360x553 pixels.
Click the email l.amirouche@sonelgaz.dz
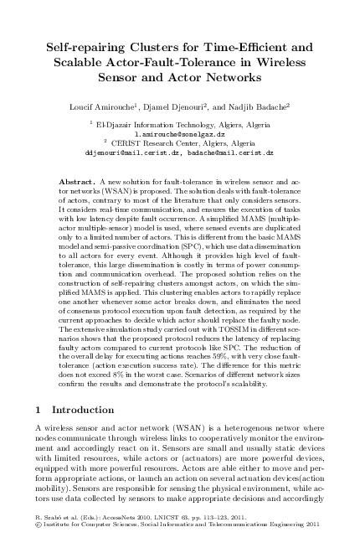coord(179,133)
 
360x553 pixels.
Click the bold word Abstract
coord(80,181)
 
